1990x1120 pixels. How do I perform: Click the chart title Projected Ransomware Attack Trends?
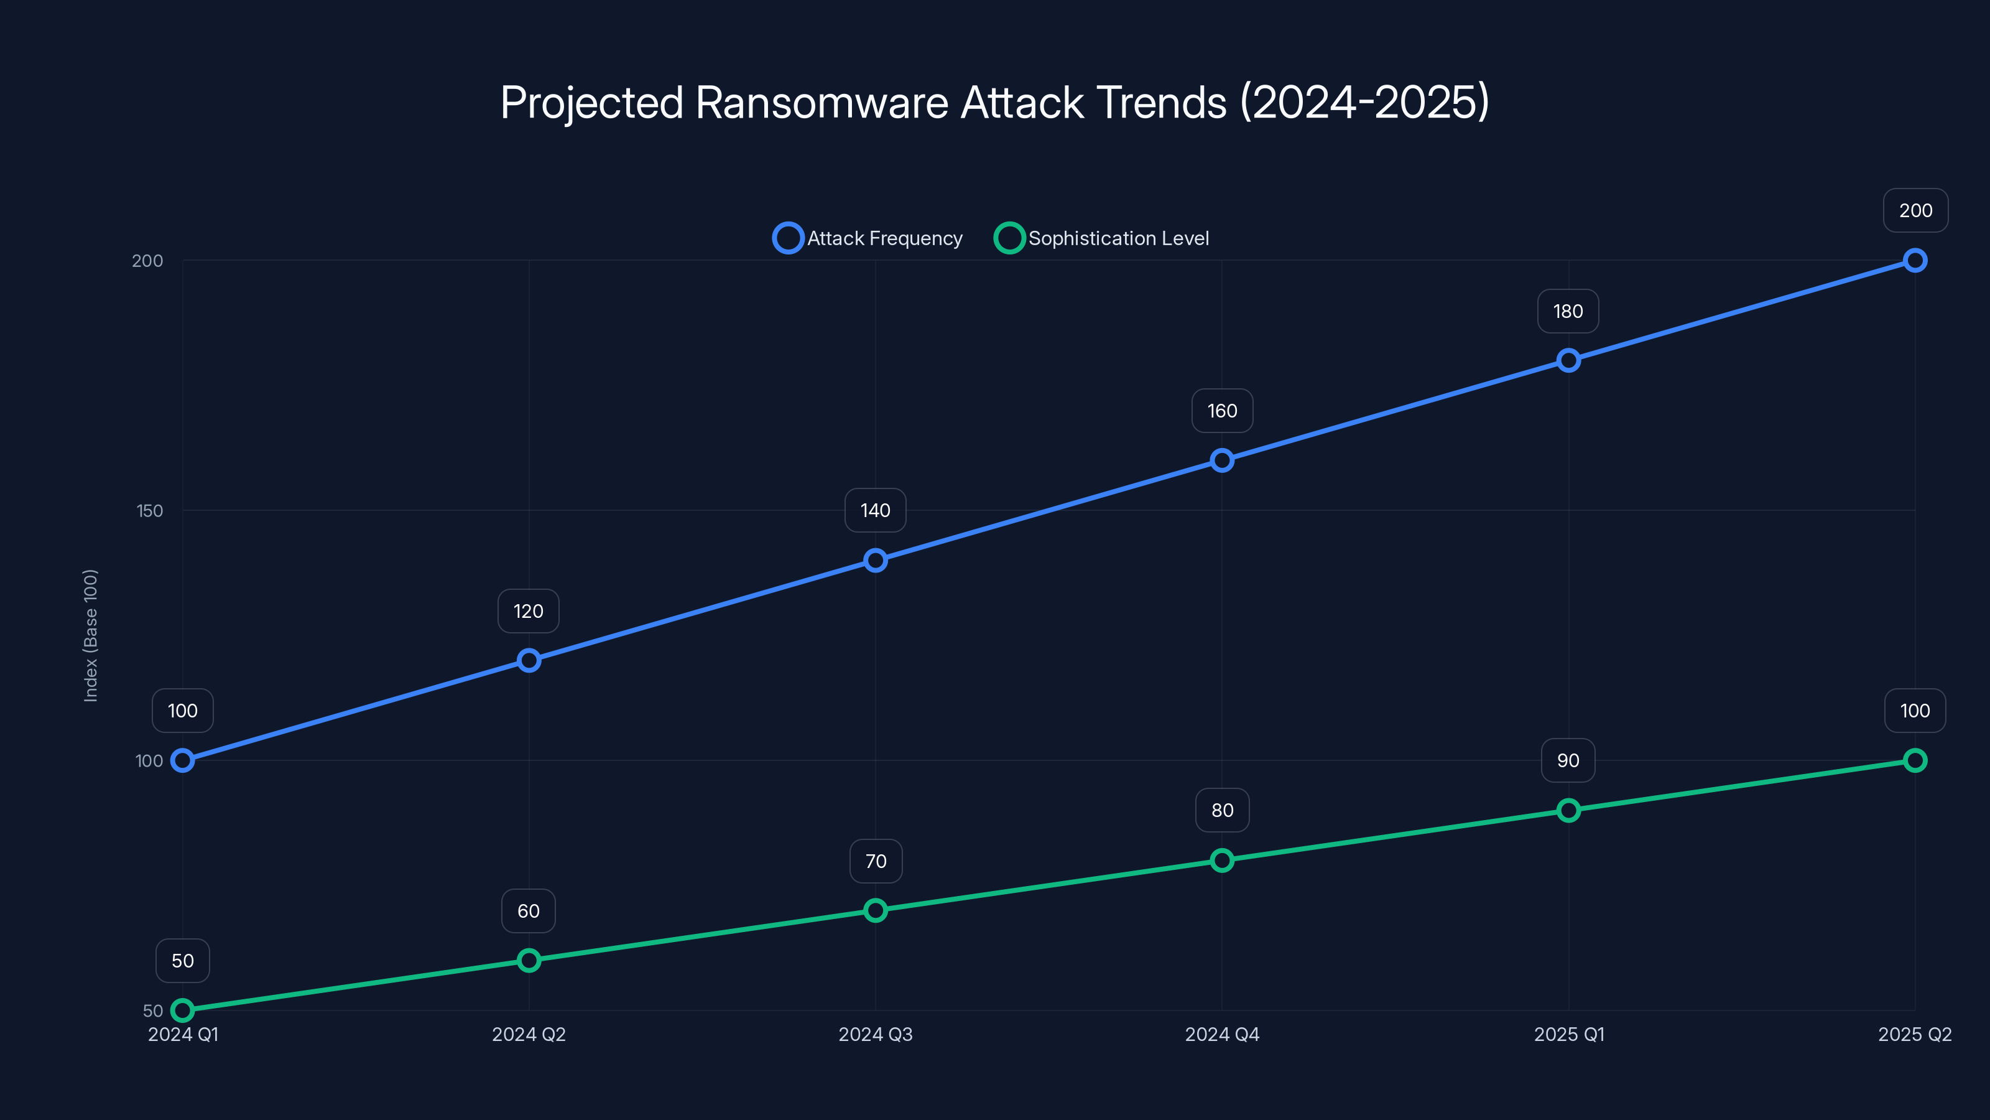click(x=994, y=103)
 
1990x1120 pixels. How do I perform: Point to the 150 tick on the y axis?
click(x=150, y=511)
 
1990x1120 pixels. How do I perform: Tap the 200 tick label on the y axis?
click(x=147, y=261)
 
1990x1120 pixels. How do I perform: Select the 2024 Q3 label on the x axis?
click(x=875, y=1034)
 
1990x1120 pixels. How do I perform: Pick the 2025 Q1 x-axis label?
click(x=1569, y=1034)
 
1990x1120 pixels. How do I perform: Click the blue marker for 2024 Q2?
click(x=529, y=660)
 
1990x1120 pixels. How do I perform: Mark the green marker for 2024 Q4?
click(x=1222, y=861)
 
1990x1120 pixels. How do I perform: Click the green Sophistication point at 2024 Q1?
click(x=182, y=1010)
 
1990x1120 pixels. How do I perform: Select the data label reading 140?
click(x=875, y=510)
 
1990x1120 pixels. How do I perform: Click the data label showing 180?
click(x=1568, y=312)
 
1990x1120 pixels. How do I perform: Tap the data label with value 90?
click(x=1568, y=760)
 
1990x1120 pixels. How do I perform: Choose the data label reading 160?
click(x=1222, y=411)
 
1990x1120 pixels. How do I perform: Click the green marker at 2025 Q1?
click(x=1569, y=810)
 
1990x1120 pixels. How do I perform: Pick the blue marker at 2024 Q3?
click(x=875, y=561)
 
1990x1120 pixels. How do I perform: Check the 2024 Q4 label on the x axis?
click(x=1222, y=1034)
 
